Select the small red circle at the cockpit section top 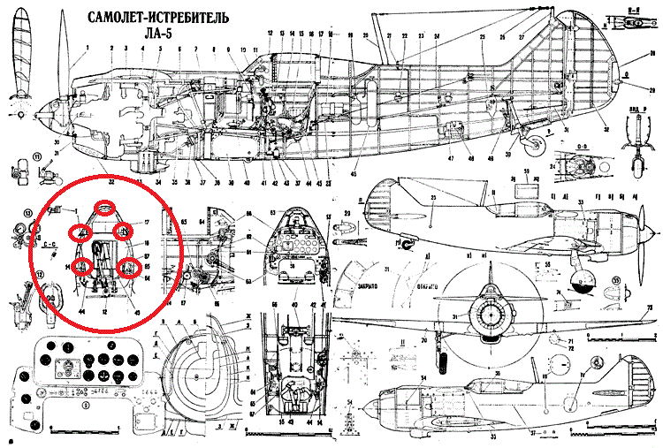pos(105,209)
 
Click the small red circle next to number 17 pos(124,232)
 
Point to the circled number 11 pos(14,158)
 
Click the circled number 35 pos(613,285)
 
